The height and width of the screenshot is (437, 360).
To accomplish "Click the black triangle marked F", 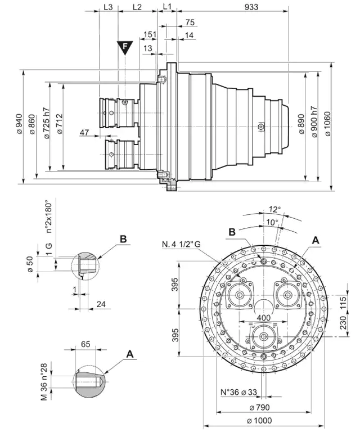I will click(124, 47).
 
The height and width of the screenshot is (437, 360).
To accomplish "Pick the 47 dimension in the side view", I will click(85, 132).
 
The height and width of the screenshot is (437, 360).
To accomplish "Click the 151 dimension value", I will click(149, 35).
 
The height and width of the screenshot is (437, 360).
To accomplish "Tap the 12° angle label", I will click(273, 208).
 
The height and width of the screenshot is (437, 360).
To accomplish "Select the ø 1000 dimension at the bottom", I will click(259, 421).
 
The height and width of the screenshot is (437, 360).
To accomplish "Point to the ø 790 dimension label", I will click(259, 407).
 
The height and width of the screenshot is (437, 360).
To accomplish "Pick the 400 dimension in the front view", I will click(262, 318).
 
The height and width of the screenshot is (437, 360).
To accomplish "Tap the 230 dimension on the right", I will click(343, 324).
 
